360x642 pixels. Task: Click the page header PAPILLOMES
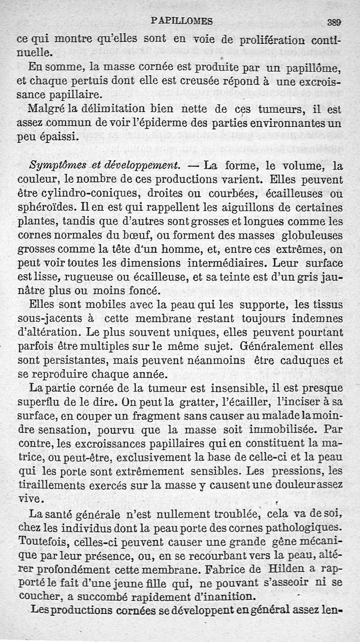tap(182, 21)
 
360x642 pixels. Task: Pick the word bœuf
tap(127, 235)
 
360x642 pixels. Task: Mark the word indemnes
tap(317, 319)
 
